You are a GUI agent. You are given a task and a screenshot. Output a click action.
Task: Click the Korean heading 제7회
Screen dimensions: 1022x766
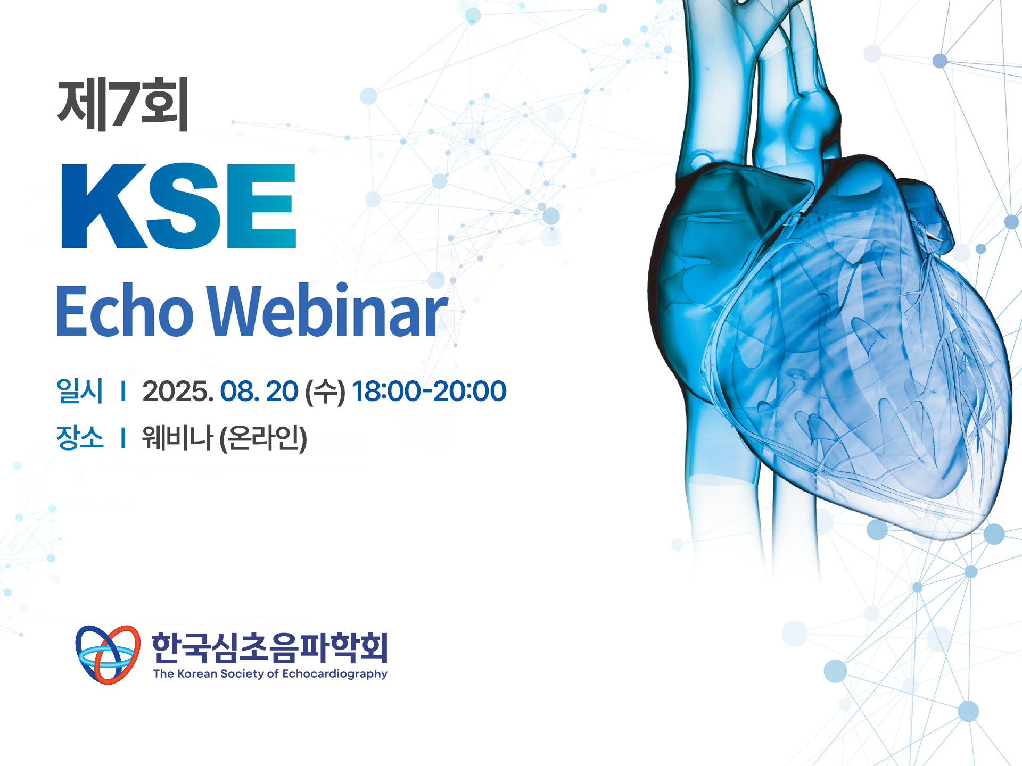[x=123, y=104]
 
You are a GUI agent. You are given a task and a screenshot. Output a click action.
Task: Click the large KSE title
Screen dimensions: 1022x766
[x=179, y=206]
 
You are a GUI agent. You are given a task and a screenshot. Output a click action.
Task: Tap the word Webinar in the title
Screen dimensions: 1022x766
[x=328, y=311]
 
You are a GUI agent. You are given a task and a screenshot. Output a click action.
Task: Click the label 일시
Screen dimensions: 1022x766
[x=80, y=391]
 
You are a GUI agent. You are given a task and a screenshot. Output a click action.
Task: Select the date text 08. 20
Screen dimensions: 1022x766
[x=259, y=392]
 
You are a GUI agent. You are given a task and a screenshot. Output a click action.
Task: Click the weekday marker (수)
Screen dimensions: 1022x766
[x=325, y=392]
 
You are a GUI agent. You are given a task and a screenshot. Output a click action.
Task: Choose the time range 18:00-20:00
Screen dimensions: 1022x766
[x=429, y=392]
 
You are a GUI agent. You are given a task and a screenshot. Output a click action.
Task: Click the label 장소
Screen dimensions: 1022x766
[x=80, y=438]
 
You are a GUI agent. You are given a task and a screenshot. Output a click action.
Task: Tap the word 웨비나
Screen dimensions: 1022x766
[x=177, y=438]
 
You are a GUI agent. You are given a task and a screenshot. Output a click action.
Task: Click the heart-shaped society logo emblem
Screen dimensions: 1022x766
[x=108, y=655]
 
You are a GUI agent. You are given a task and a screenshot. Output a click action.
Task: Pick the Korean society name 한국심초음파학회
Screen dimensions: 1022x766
[x=270, y=647]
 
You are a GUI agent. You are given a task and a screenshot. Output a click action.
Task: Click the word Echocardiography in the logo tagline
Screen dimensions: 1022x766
[x=335, y=674]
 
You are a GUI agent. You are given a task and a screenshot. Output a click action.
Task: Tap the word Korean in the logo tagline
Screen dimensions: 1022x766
[x=197, y=674]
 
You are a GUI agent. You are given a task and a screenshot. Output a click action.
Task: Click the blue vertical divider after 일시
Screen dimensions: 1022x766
[x=123, y=391]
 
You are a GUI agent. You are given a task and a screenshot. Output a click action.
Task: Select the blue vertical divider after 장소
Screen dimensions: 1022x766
[x=123, y=438]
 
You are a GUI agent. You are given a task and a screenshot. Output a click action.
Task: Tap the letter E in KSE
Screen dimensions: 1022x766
[x=261, y=206]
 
